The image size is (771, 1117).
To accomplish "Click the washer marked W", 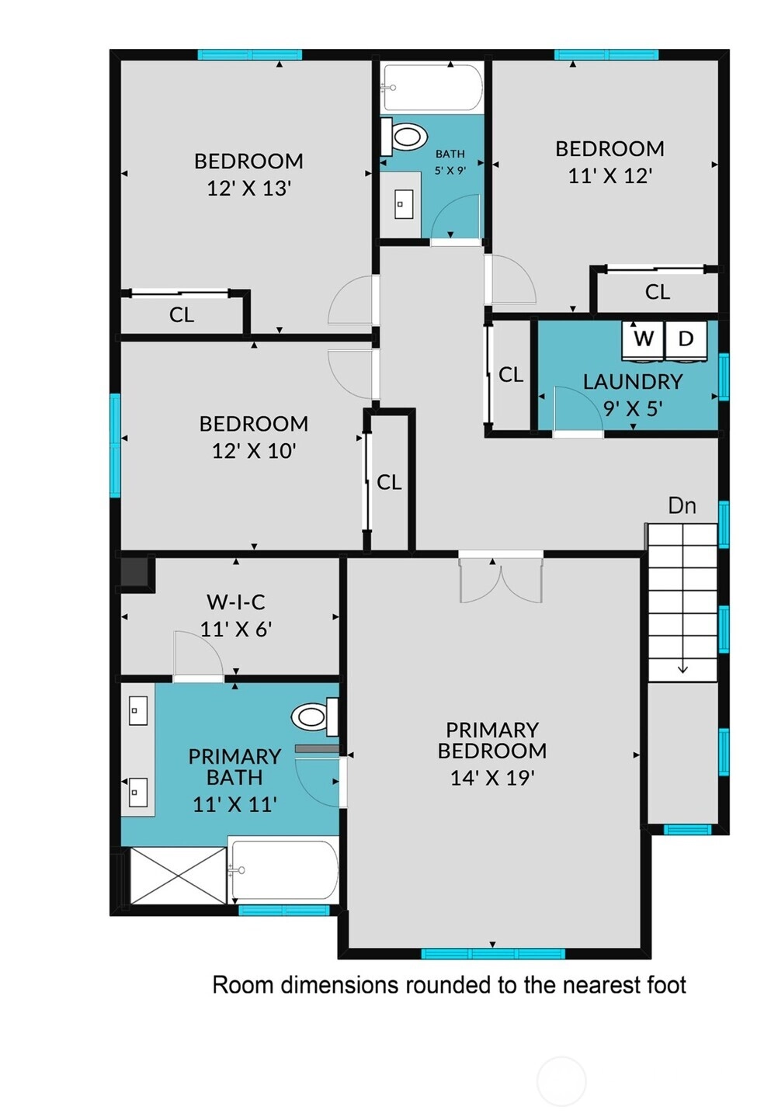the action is (644, 341).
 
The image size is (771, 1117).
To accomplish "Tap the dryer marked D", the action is (686, 341).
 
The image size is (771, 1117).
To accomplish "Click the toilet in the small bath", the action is (405, 136).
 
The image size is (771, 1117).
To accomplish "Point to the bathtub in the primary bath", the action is (283, 870).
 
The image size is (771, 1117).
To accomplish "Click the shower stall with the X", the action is (178, 876).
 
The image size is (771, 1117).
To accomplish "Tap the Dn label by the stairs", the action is (682, 506).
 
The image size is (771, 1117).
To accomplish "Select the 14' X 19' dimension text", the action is (492, 778).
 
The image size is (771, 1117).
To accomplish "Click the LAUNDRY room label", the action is (633, 381).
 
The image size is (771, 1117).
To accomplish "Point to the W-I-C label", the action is (236, 602).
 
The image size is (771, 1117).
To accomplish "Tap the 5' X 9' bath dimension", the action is (450, 170).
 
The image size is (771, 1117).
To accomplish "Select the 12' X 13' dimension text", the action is (249, 189).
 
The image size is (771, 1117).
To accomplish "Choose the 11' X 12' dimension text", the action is (610, 176).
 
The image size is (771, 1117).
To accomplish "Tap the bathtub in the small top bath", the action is (432, 88).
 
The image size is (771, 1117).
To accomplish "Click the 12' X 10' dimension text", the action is (255, 451).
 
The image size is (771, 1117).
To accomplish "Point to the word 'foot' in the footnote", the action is (667, 985).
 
